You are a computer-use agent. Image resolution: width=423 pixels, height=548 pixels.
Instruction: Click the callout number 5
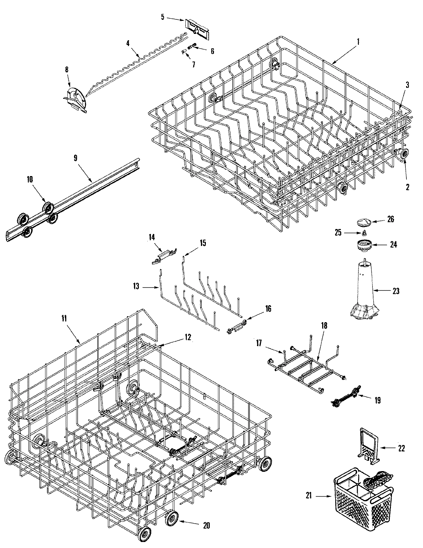(x=163, y=16)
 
